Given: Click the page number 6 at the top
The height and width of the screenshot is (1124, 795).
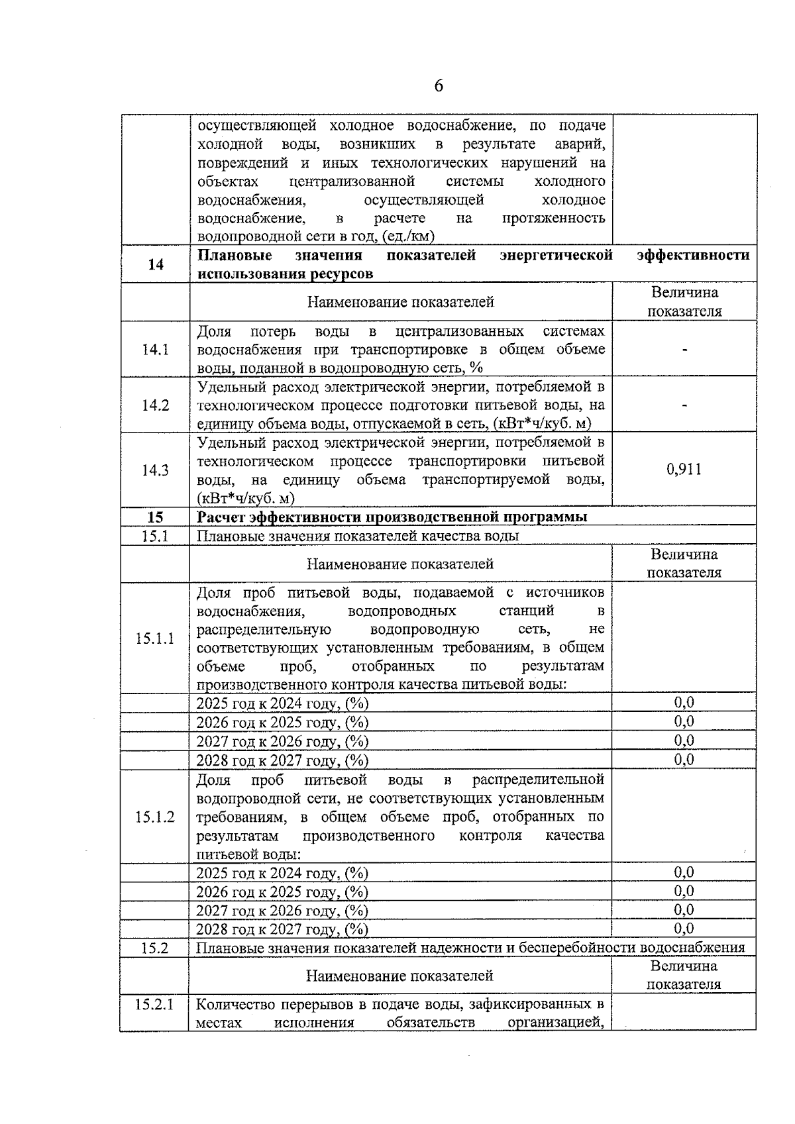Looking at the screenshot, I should [x=439, y=86].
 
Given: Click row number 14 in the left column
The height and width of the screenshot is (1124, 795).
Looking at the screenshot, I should [x=156, y=264].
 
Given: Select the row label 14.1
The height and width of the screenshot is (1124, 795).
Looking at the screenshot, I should [x=155, y=350].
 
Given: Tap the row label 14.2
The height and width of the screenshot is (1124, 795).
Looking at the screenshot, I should [x=155, y=405].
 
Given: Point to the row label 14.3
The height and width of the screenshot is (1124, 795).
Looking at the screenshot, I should [x=155, y=470].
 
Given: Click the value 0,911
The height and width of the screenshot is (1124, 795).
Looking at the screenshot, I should [x=684, y=470].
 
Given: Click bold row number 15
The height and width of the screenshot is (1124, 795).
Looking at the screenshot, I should [x=155, y=517].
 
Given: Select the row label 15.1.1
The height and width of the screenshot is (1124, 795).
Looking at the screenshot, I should [x=155, y=639].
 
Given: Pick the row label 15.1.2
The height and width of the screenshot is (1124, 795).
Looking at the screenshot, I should [x=155, y=817].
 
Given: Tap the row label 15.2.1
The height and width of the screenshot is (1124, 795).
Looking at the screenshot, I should [x=154, y=1004].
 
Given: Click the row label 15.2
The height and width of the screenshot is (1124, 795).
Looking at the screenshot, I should [x=154, y=948].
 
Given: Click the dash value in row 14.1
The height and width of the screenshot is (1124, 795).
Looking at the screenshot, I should [x=684, y=349].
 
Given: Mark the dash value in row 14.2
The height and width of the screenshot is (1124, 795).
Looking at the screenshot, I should [x=684, y=405].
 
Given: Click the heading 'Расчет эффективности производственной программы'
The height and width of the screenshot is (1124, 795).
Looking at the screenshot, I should [x=392, y=517].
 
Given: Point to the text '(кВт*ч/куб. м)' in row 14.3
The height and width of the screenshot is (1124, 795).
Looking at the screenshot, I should [x=246, y=498].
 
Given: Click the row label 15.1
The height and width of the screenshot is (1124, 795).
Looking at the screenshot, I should [x=155, y=536].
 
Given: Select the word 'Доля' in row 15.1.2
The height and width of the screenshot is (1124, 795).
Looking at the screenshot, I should [x=214, y=780].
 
